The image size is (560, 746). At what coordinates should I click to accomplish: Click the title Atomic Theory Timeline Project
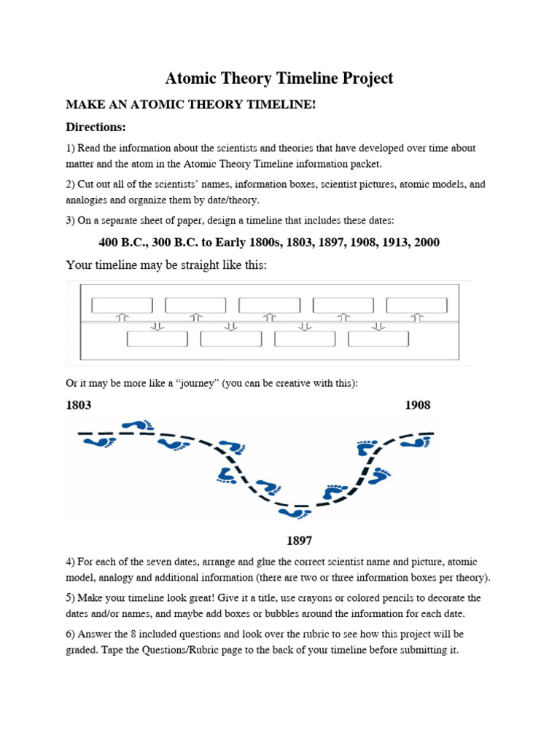tap(280, 78)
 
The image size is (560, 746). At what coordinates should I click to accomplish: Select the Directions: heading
tap(96, 127)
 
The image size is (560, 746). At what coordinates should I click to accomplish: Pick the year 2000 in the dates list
tap(426, 243)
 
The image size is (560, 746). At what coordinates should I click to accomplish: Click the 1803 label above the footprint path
tap(79, 405)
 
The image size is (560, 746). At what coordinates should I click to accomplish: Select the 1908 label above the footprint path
tap(418, 405)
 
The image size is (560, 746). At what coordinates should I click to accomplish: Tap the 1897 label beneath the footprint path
tap(299, 541)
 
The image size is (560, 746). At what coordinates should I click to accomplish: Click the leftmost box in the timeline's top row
tap(122, 305)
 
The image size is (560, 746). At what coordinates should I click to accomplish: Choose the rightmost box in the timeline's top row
tap(417, 305)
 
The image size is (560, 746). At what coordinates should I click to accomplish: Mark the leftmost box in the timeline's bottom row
tap(157, 339)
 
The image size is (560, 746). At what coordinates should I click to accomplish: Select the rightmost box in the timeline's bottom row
tap(378, 339)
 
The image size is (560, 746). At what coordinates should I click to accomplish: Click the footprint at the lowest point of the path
tap(294, 514)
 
